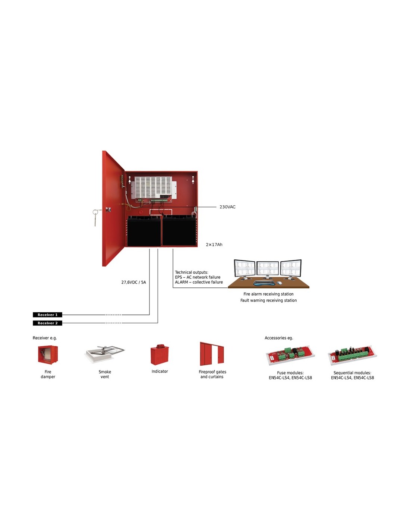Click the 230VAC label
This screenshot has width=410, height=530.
(227, 207)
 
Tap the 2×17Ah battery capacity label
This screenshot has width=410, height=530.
(214, 245)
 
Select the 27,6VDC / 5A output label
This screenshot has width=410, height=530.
(134, 282)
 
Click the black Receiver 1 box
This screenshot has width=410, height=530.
(48, 315)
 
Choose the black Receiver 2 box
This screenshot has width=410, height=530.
(48, 323)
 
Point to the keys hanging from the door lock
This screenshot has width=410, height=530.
(95, 217)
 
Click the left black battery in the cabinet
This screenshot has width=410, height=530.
(144, 231)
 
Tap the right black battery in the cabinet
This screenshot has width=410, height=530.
(179, 230)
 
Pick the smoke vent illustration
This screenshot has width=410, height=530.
(105, 354)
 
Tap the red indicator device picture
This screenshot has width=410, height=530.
(160, 354)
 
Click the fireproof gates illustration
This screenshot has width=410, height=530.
(212, 354)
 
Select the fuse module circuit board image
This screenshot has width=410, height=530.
(290, 355)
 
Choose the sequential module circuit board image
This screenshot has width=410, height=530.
(353, 355)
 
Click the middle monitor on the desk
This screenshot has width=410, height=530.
(268, 270)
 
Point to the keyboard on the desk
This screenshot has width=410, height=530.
(264, 283)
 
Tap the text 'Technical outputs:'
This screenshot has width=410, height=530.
(192, 272)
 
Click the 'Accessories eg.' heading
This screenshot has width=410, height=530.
(279, 338)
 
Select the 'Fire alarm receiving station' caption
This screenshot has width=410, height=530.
(268, 294)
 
